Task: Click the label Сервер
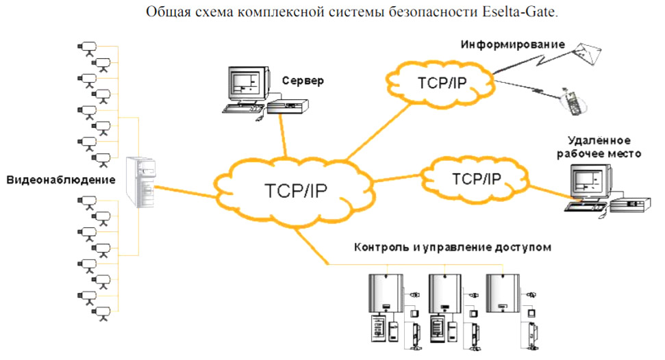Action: coord(302,81)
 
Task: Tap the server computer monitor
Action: coord(244,85)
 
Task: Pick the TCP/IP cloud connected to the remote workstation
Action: coord(477,178)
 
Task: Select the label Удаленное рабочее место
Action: coord(599,147)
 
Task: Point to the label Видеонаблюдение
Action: coord(61,180)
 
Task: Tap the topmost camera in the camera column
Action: coord(87,47)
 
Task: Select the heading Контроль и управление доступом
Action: coord(452,246)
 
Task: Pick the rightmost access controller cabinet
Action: coord(503,292)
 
